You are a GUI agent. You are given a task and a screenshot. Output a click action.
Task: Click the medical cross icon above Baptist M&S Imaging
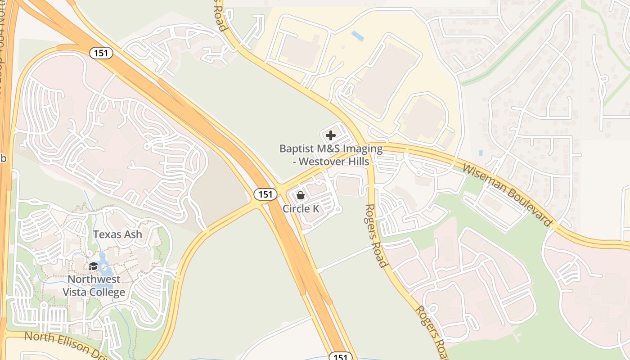(x=331, y=135)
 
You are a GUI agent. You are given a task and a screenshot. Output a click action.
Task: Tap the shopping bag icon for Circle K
(x=301, y=195)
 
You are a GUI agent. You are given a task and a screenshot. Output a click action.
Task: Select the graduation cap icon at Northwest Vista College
(x=94, y=266)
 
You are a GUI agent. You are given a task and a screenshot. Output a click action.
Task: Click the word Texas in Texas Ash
(x=108, y=234)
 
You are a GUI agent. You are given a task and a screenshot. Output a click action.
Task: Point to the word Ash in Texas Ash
(x=133, y=234)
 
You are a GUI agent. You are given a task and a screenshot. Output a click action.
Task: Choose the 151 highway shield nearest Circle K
(x=265, y=194)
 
